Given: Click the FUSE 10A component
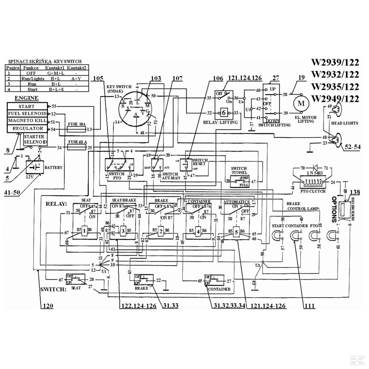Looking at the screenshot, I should pyautogui.click(x=76, y=129).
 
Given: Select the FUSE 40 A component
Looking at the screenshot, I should pyautogui.click(x=76, y=148).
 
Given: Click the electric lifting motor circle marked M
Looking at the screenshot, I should pyautogui.click(x=301, y=103).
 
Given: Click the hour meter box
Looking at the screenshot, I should pyautogui.click(x=346, y=210).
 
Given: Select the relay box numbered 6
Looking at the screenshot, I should pyautogui.click(x=224, y=113).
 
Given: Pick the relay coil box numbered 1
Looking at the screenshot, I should pyautogui.click(x=85, y=231).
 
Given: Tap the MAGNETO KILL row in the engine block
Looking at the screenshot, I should pyautogui.click(x=27, y=121).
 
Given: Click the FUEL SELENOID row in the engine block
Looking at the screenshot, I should pyautogui.click(x=27, y=114).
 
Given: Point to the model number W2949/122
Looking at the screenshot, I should pyautogui.click(x=335, y=99).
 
